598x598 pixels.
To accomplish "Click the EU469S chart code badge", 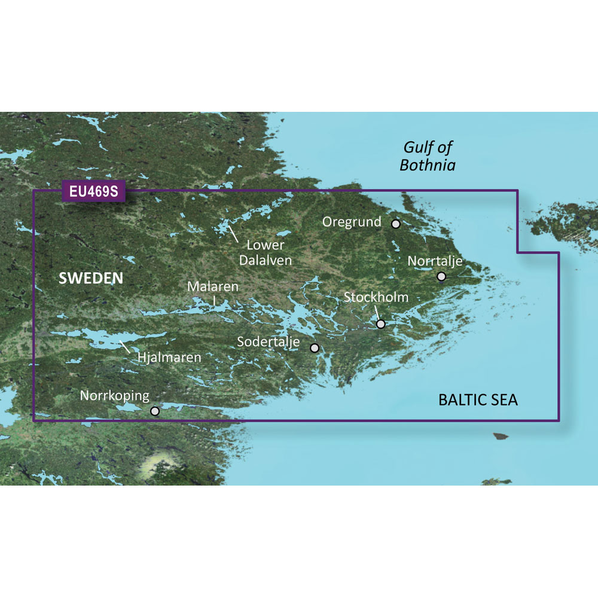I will [93, 192].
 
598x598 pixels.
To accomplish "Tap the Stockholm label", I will [376, 297].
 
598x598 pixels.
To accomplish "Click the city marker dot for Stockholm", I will [381, 324].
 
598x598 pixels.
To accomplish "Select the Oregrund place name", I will [352, 222].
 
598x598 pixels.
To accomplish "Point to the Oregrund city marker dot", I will [396, 224].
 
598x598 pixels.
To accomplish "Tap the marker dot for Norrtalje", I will [441, 276].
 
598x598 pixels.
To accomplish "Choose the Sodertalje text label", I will [271, 343].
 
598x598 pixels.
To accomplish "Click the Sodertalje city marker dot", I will [315, 347].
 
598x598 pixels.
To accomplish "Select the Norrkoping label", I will [115, 396].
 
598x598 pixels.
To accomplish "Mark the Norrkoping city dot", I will [155, 411].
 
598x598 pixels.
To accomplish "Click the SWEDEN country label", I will [91, 278].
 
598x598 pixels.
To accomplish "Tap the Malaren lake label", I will [213, 287].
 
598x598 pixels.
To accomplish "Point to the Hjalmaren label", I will [169, 358].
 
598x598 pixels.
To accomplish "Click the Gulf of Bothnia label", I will [428, 155].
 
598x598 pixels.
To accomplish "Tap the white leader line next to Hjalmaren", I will [126, 347].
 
